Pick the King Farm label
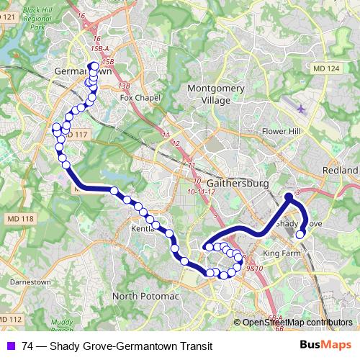pyautogui.click(x=281, y=254)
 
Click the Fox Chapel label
pyautogui.click(x=138, y=97)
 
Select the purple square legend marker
pyautogui.click(x=10, y=346)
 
